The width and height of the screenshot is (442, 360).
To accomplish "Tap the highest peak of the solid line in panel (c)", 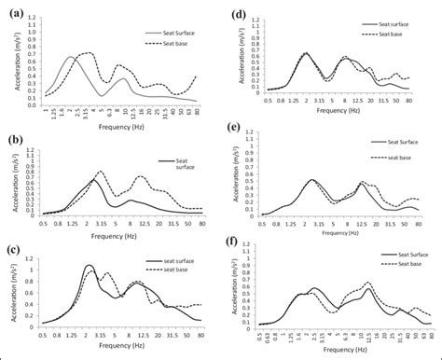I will (89, 266).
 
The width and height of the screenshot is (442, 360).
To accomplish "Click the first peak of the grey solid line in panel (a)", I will (72, 57).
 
